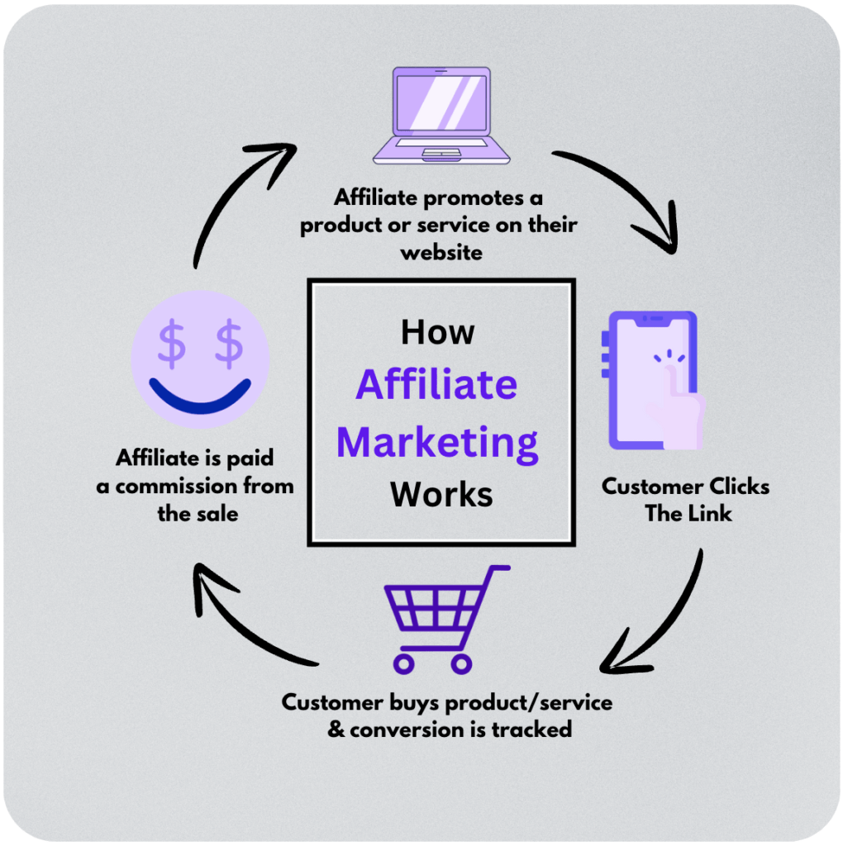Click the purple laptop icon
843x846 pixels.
[431, 116]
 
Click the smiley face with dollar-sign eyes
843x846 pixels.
[200, 363]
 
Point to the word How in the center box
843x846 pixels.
[437, 332]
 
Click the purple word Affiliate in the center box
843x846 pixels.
[437, 385]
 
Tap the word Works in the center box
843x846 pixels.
[441, 494]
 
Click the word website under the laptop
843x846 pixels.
[441, 252]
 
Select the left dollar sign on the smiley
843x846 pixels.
[172, 346]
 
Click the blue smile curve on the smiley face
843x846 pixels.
[200, 397]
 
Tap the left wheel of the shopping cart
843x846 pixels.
[403, 663]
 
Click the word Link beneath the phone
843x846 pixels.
[711, 513]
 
